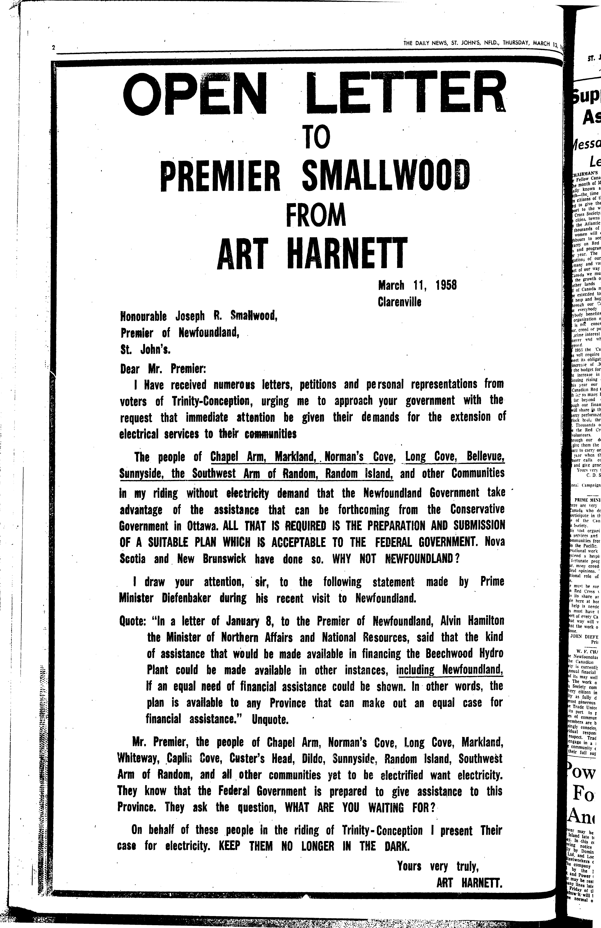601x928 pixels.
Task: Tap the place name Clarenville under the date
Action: [x=399, y=302]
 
